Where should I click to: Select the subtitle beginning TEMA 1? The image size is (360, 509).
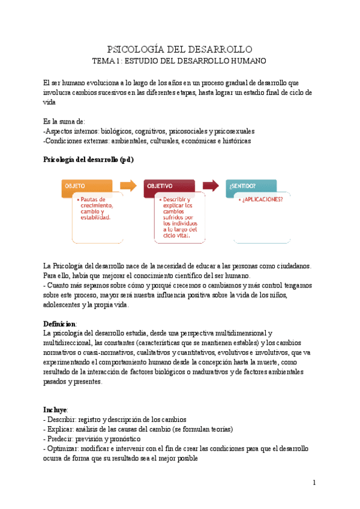pyautogui.click(x=179, y=61)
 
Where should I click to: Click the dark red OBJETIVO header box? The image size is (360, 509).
pyautogui.click(x=169, y=187)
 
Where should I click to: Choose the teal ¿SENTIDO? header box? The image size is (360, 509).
pyautogui.click(x=251, y=187)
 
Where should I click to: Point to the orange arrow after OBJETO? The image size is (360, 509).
pyautogui.click(x=128, y=185)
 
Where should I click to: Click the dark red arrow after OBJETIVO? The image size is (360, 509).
pyautogui.click(x=210, y=185)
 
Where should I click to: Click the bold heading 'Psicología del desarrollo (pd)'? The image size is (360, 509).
pyautogui.click(x=88, y=160)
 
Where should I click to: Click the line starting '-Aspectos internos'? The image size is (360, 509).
pyautogui.click(x=149, y=131)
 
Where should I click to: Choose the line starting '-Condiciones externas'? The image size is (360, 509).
pyautogui.click(x=147, y=140)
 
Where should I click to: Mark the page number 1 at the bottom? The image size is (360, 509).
pyautogui.click(x=314, y=483)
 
